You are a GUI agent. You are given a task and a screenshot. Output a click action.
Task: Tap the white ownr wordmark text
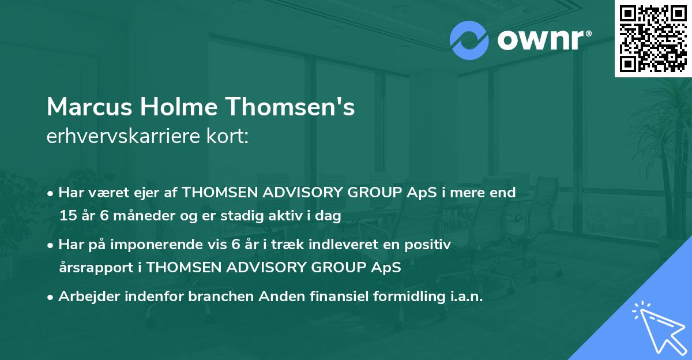click(x=542, y=40)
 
